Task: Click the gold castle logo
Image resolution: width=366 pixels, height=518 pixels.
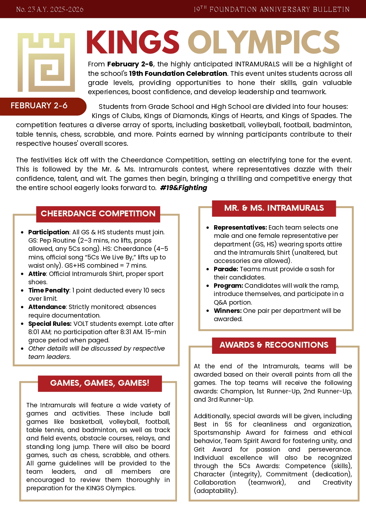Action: click(46, 62)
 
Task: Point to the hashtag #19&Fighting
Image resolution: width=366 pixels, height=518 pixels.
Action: click(183, 188)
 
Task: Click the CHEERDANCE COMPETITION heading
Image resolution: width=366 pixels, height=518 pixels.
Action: click(98, 214)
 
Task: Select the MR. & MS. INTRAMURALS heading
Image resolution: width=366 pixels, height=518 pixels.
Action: click(274, 208)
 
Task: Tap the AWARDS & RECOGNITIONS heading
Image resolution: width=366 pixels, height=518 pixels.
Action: click(274, 345)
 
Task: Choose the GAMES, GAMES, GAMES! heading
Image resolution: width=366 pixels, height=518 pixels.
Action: click(100, 383)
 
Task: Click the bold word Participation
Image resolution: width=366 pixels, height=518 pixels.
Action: click(49, 232)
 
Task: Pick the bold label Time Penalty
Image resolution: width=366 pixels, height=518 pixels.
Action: click(49, 290)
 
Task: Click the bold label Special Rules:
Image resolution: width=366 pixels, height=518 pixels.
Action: click(50, 324)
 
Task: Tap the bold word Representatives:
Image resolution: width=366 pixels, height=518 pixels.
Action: click(240, 228)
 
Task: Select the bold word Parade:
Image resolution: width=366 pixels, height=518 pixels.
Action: click(226, 269)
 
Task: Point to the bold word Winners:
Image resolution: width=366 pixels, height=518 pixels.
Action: click(228, 311)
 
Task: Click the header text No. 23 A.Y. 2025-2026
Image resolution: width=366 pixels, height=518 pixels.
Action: click(50, 9)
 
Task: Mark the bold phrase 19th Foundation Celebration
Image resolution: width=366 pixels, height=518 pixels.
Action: click(178, 73)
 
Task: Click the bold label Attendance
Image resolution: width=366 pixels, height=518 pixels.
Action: click(47, 307)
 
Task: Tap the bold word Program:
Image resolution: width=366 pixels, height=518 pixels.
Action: click(229, 286)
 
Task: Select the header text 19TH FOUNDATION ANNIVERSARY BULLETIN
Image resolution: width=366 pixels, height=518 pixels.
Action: click(271, 9)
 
